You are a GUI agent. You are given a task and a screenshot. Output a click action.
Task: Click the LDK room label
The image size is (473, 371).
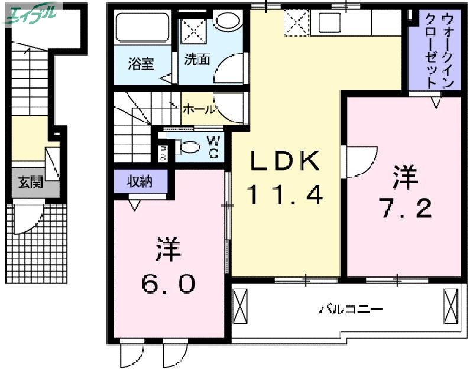pyautogui.click(x=286, y=161)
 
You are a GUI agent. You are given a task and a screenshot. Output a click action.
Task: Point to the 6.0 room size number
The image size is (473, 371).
pyautogui.click(x=168, y=285)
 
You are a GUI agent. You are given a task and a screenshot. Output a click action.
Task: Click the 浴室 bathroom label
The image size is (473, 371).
pyautogui.click(x=141, y=63)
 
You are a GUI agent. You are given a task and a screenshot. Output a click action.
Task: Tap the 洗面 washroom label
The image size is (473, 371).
pyautogui.click(x=197, y=60)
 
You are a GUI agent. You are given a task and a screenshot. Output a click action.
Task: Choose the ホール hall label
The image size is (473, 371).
pyautogui.click(x=198, y=109)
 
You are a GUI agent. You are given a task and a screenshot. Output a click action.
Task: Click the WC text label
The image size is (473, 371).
pyautogui.click(x=213, y=147)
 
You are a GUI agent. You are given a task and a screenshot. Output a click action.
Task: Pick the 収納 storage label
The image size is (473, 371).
pyautogui.click(x=141, y=181)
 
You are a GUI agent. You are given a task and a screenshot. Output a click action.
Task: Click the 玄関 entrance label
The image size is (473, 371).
pyautogui.click(x=30, y=183)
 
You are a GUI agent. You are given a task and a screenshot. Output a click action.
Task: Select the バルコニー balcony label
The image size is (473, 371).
pyautogui.click(x=352, y=309)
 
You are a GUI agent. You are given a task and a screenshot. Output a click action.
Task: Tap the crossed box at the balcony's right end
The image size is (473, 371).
pyautogui.click(x=451, y=306)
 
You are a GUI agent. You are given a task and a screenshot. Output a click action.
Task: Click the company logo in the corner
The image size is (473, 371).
pyautogui.click(x=33, y=14)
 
